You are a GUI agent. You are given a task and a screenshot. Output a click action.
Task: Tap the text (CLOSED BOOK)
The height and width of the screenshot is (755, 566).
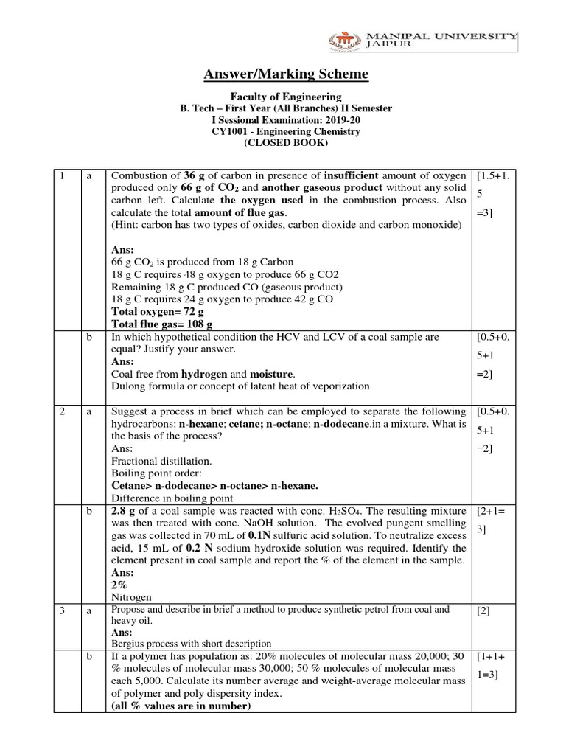coord(287,143)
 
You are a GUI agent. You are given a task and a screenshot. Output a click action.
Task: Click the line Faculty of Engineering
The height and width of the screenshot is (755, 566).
coord(287,97)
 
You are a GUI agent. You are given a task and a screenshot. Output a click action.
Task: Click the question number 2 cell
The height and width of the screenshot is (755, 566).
coord(63,411)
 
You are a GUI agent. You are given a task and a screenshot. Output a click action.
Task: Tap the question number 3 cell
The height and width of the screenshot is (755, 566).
coord(63,610)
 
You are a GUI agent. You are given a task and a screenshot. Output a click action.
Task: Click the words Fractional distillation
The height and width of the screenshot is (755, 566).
coord(150,460)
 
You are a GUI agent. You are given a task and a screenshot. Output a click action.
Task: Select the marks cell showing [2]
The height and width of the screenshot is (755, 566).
coord(486,610)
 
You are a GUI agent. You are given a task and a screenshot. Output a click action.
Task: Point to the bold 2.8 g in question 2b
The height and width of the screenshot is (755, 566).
coord(125,511)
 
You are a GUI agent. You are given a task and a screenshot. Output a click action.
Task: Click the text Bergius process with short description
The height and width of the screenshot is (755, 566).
coord(191,644)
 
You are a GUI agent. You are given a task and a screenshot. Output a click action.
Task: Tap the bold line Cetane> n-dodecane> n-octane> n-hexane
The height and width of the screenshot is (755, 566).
coord(214,485)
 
